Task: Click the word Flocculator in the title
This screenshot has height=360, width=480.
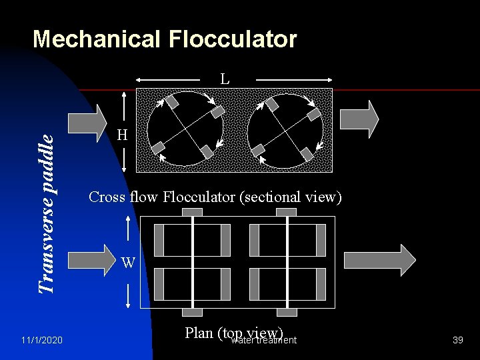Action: [233, 39]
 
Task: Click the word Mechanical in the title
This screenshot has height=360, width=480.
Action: [97, 39]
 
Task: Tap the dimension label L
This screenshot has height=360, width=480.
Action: [225, 79]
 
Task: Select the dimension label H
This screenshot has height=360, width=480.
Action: [122, 135]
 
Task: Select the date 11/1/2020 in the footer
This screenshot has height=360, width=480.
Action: [41, 341]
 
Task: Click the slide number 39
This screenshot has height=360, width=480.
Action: [457, 341]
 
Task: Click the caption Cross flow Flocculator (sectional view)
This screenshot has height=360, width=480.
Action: [215, 197]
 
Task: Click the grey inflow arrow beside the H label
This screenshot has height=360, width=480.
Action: [87, 123]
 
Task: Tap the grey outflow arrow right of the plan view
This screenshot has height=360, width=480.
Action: [379, 259]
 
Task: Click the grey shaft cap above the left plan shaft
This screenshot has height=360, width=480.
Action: [193, 212]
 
